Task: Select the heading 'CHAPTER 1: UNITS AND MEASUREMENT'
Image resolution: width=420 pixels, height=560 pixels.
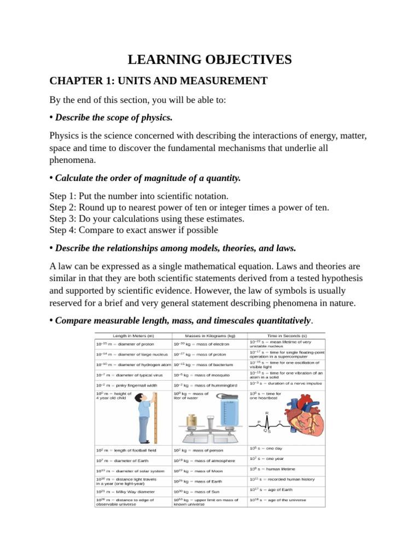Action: pos(158,81)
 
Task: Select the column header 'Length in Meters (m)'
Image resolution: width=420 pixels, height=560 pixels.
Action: pos(133,335)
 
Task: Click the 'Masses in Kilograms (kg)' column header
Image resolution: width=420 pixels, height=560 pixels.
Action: pos(210,335)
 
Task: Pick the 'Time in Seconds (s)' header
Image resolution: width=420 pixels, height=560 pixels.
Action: pos(287,335)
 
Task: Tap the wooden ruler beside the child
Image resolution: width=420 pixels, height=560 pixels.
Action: pos(155,418)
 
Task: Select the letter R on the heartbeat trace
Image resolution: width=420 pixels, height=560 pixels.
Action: pos(267,413)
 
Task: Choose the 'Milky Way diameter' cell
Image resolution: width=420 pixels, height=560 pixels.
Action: pos(127,492)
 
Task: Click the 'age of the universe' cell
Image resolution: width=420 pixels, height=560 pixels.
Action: pos(286,500)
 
